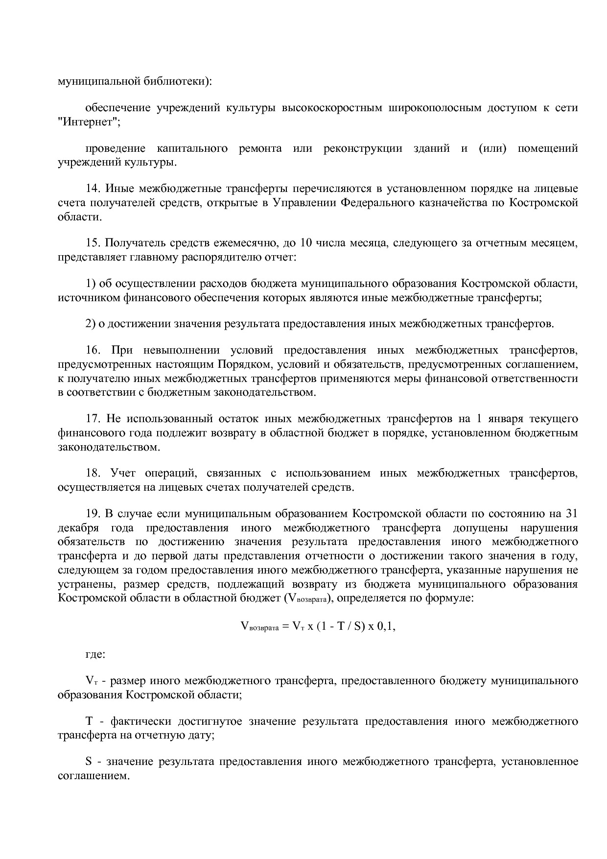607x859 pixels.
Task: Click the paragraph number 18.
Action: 93,473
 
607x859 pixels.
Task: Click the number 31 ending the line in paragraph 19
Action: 571,514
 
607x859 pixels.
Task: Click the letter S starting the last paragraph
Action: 89,762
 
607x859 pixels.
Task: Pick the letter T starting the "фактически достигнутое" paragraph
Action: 89,721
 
